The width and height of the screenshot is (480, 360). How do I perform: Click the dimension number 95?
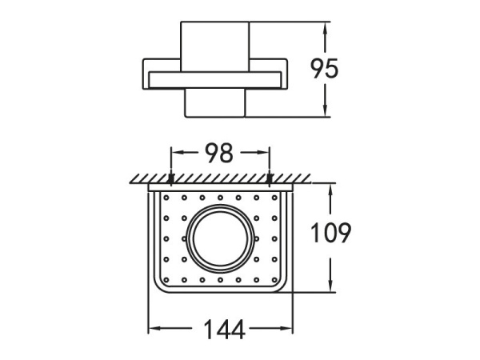coord(325,69)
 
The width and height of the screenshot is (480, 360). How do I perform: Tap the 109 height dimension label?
coord(330,233)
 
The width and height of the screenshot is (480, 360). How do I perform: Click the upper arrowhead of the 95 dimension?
coord(325,28)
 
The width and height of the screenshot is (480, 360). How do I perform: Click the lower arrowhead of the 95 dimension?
coord(325,111)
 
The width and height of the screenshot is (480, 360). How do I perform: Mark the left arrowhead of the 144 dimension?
coord(154,329)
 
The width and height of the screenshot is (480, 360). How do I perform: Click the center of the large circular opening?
coord(220,238)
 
